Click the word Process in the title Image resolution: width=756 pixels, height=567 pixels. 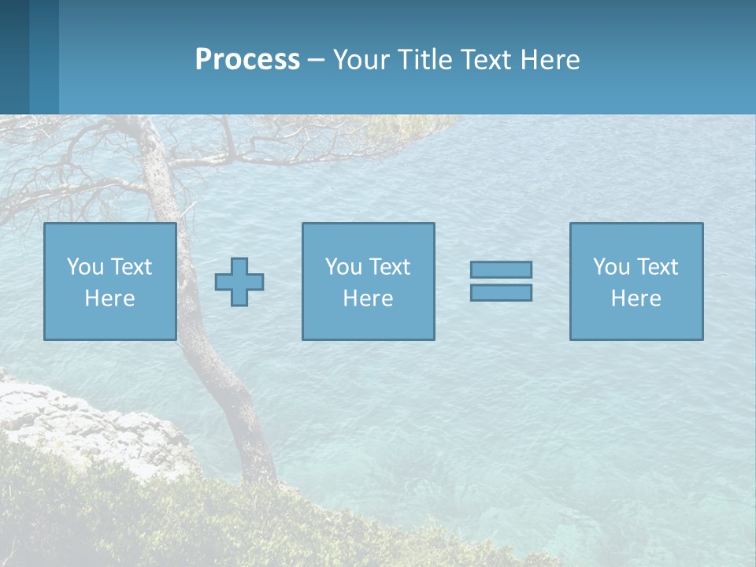[247, 60]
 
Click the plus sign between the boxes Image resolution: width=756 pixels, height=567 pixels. [239, 282]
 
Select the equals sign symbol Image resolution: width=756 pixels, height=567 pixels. [501, 281]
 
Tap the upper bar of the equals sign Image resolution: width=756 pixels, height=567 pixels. [501, 269]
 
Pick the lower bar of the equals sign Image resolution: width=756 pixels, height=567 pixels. [501, 292]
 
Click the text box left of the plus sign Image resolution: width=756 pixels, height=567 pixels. [110, 281]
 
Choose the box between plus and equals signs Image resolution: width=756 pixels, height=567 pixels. [368, 281]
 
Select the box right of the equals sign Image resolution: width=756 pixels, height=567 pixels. [636, 281]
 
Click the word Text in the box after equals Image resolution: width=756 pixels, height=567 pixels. [656, 267]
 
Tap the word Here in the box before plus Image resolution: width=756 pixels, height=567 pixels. [110, 298]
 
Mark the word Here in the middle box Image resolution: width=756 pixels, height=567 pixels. [368, 298]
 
